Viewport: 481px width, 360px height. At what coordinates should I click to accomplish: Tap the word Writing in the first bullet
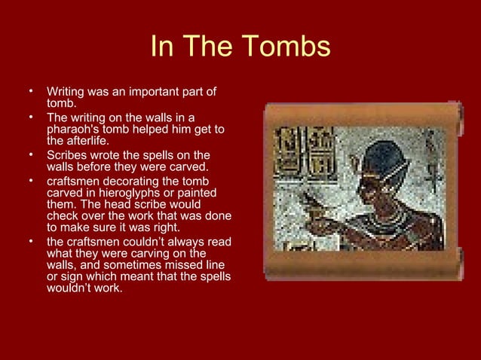click(65, 92)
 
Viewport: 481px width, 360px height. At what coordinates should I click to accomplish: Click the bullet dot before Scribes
click(32, 154)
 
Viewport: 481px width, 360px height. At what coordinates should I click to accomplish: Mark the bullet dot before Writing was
click(32, 91)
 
